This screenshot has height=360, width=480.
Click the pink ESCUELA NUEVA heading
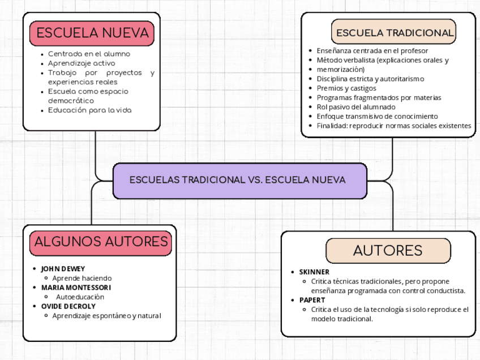[x=92, y=33]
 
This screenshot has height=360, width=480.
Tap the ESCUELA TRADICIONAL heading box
[x=394, y=33]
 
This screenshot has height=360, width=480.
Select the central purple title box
[x=240, y=181]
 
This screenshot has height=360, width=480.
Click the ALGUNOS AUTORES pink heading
[x=101, y=242]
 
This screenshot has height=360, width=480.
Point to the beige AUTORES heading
[x=388, y=251]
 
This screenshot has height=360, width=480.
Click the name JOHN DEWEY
[x=63, y=269]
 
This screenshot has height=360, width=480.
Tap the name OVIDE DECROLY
[x=68, y=306]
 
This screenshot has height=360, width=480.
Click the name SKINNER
[x=314, y=272]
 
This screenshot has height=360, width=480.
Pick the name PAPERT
[x=312, y=300]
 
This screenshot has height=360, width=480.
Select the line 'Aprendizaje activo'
[x=81, y=63]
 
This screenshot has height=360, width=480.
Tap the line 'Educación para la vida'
[x=89, y=110]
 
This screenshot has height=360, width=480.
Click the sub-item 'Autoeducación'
[x=80, y=297]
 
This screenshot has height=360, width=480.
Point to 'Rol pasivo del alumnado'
[x=355, y=107]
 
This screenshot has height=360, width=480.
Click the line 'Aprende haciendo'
[x=82, y=278]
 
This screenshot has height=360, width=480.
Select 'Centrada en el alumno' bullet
[x=89, y=54]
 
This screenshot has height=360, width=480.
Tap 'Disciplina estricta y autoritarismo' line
[x=370, y=79]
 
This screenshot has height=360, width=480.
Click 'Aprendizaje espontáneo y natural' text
[x=106, y=316]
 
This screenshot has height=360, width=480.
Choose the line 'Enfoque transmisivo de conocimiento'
[x=377, y=117]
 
